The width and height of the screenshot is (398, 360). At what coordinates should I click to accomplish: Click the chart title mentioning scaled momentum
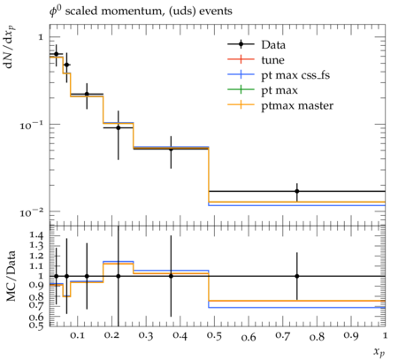(x=141, y=11)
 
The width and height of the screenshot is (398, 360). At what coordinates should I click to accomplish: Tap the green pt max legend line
(x=241, y=90)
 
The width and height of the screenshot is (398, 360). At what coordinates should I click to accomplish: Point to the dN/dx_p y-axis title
(x=10, y=47)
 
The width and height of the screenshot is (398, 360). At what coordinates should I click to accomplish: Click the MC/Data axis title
(x=11, y=276)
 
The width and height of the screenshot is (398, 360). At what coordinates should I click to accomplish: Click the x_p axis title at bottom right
(x=379, y=352)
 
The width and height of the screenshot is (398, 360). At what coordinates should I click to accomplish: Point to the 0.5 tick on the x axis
(x=214, y=336)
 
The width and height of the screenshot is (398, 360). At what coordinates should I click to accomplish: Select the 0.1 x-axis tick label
(x=77, y=336)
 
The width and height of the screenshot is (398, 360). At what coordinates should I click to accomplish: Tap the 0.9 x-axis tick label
(x=351, y=336)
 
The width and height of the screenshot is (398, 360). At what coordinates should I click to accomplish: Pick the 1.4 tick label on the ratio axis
(x=36, y=235)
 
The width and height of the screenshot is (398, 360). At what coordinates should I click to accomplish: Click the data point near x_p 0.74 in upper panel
(x=297, y=191)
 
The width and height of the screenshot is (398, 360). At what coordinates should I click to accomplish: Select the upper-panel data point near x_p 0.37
(x=171, y=149)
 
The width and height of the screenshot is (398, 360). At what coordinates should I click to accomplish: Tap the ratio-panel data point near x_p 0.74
(x=297, y=276)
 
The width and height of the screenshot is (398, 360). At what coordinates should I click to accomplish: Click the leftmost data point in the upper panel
(x=57, y=54)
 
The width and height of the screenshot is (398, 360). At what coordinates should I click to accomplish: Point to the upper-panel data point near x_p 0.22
(x=119, y=127)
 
